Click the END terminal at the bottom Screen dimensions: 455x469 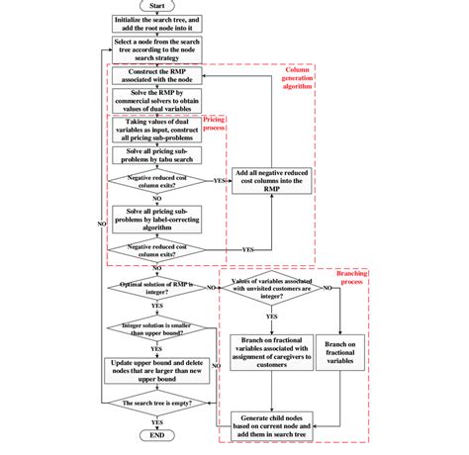tap(155, 434)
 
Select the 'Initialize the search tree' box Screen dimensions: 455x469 tap(155, 25)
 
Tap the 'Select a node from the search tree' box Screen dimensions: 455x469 tap(155, 50)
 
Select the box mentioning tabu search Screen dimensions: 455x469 tap(155, 157)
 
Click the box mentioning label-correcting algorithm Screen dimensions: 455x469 tap(155, 219)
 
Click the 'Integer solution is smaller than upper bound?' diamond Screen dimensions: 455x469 tap(155, 327)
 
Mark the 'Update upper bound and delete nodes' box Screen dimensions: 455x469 tap(155, 369)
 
